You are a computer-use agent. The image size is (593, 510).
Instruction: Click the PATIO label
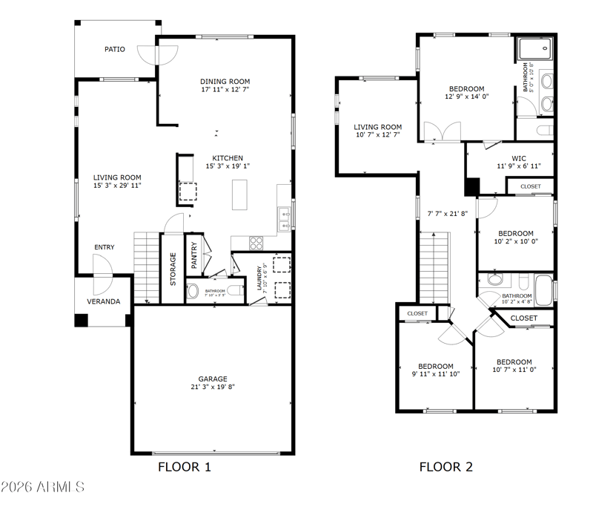[x=115, y=49]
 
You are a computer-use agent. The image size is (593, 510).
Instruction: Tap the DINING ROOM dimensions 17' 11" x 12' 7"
[x=225, y=89]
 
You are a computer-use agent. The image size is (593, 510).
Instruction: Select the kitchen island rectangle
[x=239, y=194]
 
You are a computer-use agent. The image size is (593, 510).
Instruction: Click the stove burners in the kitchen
[x=256, y=243]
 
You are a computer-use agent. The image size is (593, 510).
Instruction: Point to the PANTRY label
[x=194, y=255]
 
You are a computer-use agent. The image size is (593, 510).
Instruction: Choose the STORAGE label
[x=173, y=269]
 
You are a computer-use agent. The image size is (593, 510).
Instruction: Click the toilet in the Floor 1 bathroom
[x=236, y=291]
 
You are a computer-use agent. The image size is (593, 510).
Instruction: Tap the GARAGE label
[x=213, y=379]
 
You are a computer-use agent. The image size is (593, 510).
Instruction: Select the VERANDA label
[x=104, y=301]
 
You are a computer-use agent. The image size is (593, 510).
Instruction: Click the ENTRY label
[x=105, y=247]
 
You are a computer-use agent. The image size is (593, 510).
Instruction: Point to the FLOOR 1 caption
[x=184, y=467]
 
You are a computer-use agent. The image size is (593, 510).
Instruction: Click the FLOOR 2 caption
[x=446, y=467]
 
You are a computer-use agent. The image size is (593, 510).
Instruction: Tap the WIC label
[x=519, y=158]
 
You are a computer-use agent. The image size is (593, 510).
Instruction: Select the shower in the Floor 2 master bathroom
[x=535, y=48]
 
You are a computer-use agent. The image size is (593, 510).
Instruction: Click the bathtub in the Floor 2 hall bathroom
[x=543, y=290]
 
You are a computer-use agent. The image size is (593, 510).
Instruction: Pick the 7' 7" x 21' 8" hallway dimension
[x=448, y=214]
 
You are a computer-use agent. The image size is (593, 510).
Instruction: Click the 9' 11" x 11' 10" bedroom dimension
[x=436, y=374]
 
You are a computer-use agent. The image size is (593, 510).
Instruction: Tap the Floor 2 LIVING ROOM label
[x=378, y=127]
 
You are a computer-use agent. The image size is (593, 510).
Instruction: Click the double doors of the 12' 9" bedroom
[x=442, y=131]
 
